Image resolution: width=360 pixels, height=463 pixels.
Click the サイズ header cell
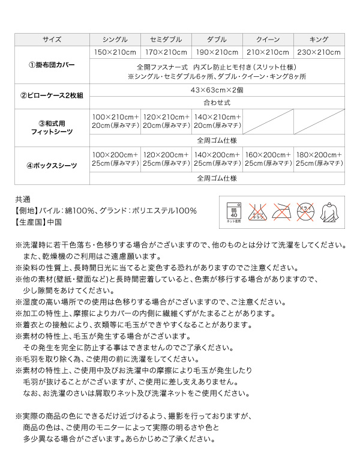pos(52,38)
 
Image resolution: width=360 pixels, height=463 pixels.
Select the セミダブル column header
pos(166,38)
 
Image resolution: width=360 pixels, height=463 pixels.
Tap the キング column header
pos(319,38)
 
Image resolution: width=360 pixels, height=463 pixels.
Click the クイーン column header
pos(268,38)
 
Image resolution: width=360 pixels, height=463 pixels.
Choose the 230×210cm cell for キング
pos(319,52)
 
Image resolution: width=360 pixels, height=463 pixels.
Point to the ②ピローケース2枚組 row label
pos(52,95)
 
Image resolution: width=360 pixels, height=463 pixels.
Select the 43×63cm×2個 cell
pos(217,89)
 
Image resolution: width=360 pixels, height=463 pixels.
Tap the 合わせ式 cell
pos(217,102)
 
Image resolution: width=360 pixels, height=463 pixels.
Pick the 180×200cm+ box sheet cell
pos(319,159)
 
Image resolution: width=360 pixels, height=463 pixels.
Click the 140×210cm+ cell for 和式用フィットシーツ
pos(217,121)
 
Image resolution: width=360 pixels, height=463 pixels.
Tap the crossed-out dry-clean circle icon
pos(308,212)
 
